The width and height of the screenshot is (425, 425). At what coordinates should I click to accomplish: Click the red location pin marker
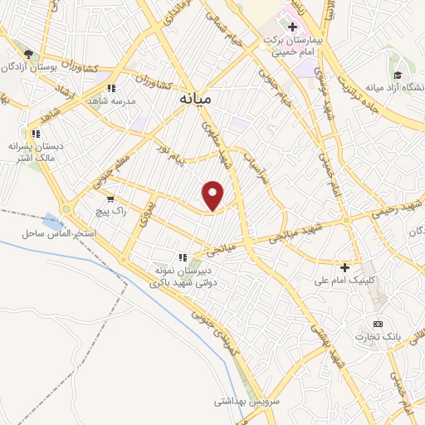(214, 195)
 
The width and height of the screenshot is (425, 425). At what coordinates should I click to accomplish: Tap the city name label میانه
(196, 99)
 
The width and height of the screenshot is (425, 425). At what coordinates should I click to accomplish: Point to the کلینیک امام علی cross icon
(344, 266)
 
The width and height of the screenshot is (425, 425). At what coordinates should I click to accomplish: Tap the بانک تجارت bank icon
(379, 323)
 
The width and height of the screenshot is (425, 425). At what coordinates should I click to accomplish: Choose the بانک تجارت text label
(373, 337)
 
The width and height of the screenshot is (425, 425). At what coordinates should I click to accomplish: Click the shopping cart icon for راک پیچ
(110, 200)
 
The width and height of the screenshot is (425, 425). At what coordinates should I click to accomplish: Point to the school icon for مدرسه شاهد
(110, 86)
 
